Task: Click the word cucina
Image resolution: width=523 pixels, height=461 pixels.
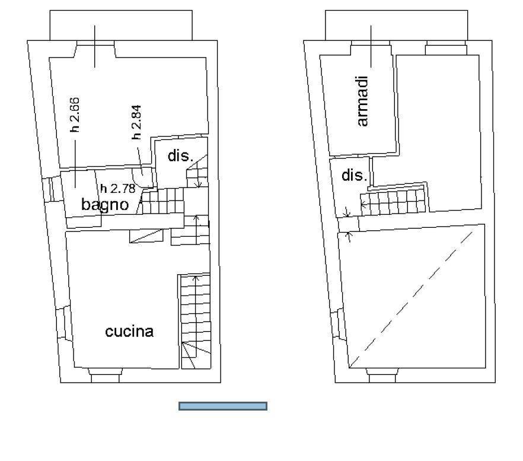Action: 129,332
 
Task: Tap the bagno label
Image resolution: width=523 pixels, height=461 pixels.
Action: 105,204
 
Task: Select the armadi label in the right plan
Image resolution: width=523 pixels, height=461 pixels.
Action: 362,101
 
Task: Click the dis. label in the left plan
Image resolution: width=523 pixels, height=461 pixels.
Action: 180,156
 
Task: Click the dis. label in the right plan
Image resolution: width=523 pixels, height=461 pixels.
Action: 354,175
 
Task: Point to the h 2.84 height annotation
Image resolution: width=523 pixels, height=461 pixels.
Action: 136,122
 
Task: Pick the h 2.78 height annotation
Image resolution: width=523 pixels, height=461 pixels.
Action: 118,189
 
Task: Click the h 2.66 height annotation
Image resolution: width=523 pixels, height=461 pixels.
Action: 75,115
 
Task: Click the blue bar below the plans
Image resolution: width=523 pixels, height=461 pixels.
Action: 223,406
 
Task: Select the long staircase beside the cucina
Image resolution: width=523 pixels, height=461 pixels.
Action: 195,321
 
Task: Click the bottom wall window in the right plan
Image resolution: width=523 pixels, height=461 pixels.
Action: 382,375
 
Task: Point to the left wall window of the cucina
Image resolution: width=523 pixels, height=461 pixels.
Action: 63,323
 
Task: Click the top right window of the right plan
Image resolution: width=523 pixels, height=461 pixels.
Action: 447,47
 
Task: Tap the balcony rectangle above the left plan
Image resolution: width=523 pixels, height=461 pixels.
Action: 121,26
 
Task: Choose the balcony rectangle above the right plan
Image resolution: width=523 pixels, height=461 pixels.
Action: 397,26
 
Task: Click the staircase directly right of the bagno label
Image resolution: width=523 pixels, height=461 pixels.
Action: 162,201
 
